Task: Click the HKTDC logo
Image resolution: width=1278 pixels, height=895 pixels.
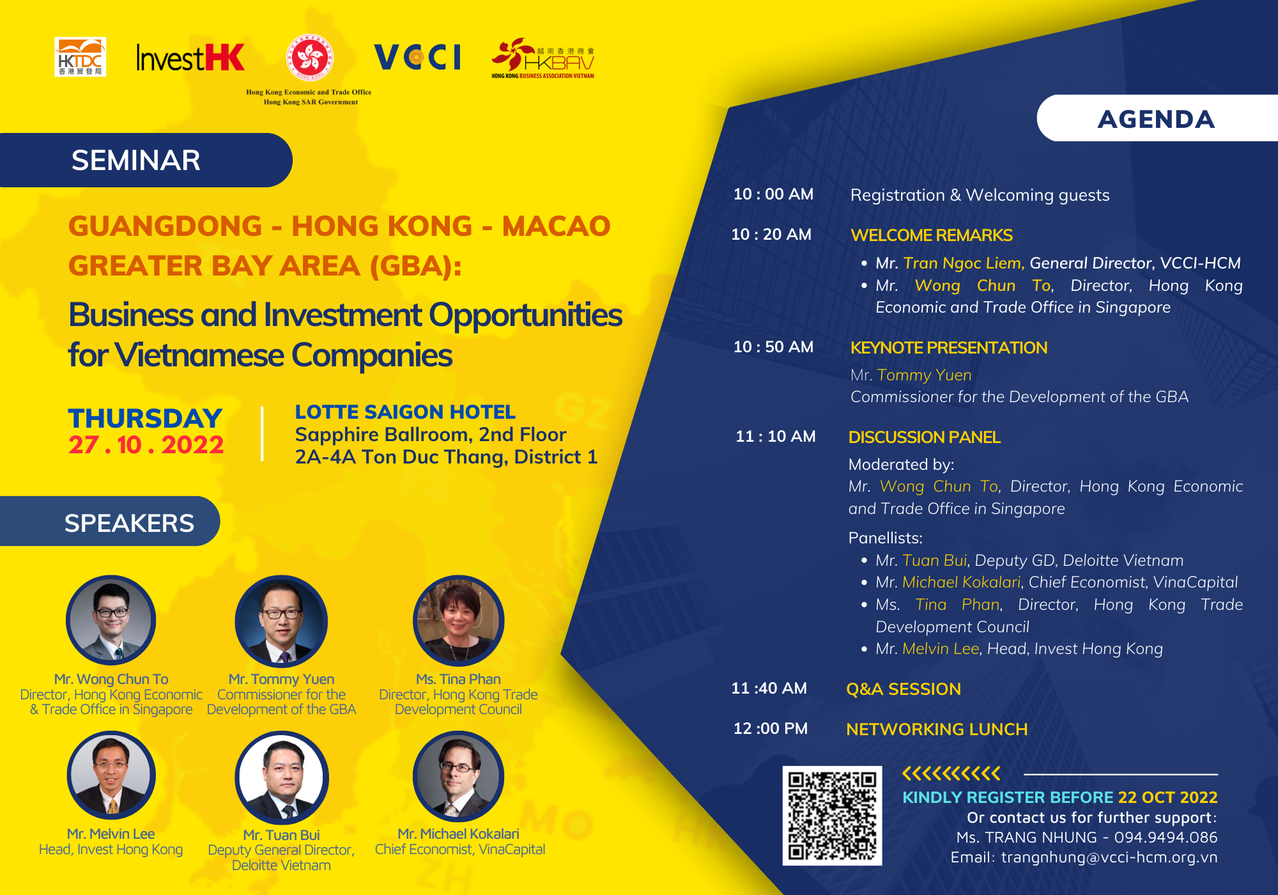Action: [81, 57]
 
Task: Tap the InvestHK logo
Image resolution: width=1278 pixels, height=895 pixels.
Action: [190, 58]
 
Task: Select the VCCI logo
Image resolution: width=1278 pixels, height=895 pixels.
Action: [417, 57]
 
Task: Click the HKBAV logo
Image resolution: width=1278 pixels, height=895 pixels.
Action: [543, 58]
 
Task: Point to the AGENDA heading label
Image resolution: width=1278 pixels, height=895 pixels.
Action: [1156, 120]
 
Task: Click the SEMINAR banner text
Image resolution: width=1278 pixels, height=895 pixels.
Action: [136, 160]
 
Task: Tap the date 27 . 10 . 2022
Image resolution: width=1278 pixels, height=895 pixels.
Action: [146, 445]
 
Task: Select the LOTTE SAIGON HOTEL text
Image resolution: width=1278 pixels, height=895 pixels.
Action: [405, 412]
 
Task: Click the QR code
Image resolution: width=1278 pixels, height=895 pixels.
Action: [832, 816]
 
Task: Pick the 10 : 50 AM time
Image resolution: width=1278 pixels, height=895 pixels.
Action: [773, 347]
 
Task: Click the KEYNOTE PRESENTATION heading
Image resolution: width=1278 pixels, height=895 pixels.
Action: [949, 348]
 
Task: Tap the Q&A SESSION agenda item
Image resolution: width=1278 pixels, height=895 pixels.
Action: [904, 689]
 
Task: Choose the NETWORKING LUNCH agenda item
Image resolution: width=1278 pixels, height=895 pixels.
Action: [937, 729]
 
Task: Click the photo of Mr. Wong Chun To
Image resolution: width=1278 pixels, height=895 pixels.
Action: [111, 620]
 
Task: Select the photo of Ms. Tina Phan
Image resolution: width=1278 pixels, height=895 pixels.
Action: [458, 620]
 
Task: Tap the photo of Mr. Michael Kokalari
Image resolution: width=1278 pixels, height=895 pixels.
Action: [458, 776]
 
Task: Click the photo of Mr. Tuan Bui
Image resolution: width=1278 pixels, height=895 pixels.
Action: [282, 777]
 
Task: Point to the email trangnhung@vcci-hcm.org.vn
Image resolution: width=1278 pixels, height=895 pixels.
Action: [1109, 857]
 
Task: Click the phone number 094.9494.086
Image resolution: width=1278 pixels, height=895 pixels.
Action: [1166, 837]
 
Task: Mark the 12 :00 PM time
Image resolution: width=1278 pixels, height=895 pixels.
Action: [771, 729]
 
